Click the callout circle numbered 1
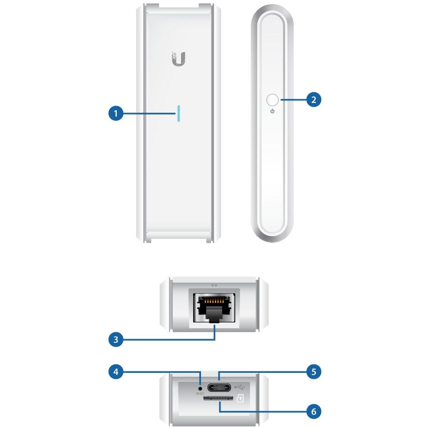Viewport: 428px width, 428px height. click(x=115, y=114)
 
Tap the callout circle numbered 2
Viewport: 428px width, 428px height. click(x=314, y=100)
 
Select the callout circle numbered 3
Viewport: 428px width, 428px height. click(x=115, y=339)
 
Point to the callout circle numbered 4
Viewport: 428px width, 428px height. click(x=115, y=372)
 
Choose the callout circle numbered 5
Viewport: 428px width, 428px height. click(x=314, y=372)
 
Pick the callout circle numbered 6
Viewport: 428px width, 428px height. click(x=314, y=411)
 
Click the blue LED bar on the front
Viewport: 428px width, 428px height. click(x=178, y=114)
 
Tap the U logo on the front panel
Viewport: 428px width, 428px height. click(x=178, y=59)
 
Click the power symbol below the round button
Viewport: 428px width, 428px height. click(x=272, y=112)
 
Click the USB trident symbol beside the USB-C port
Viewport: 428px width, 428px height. click(x=240, y=386)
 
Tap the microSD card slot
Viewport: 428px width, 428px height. click(x=219, y=397)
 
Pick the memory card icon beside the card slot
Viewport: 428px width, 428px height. click(x=240, y=398)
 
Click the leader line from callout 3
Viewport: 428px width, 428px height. click(x=174, y=339)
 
